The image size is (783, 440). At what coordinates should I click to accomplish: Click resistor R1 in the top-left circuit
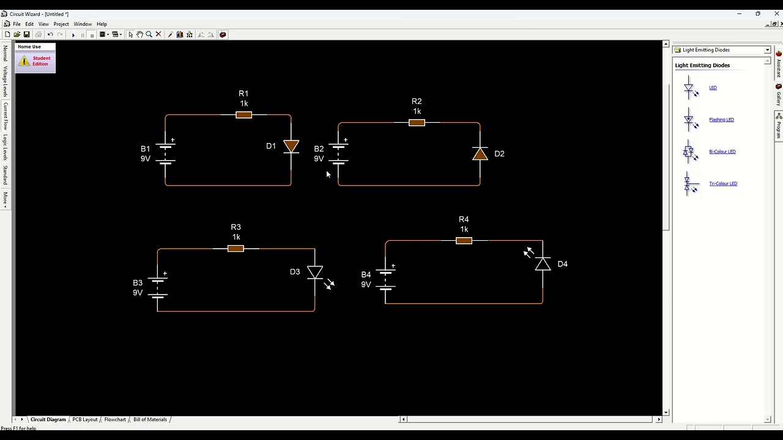click(x=243, y=115)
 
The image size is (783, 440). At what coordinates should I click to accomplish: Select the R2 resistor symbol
click(x=417, y=123)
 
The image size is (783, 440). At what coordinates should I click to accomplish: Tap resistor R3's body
click(x=236, y=249)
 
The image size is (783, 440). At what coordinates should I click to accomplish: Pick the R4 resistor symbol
click(x=464, y=241)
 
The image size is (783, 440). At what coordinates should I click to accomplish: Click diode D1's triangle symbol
click(x=291, y=147)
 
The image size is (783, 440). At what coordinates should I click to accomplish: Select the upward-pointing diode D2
click(x=480, y=154)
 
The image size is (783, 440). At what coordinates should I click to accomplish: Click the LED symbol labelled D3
click(x=315, y=273)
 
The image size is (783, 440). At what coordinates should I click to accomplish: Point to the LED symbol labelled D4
click(x=543, y=264)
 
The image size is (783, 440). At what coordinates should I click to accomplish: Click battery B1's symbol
click(x=165, y=153)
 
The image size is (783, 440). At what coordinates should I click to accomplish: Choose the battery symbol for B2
click(x=338, y=153)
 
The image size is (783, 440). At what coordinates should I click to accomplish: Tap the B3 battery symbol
click(x=158, y=287)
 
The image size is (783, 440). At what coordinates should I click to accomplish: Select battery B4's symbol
click(x=385, y=279)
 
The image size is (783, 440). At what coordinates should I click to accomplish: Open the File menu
click(x=17, y=24)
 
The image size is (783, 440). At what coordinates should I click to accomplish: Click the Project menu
click(x=61, y=24)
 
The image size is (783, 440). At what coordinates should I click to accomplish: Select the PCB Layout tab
click(x=85, y=420)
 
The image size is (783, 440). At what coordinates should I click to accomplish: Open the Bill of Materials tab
click(x=150, y=420)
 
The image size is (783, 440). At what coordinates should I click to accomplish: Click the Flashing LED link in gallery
click(x=721, y=120)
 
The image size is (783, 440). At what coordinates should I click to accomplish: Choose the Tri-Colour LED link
click(x=723, y=183)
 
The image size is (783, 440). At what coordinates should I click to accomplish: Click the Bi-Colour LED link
click(x=722, y=152)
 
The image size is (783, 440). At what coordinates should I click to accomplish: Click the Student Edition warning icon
click(x=24, y=61)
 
